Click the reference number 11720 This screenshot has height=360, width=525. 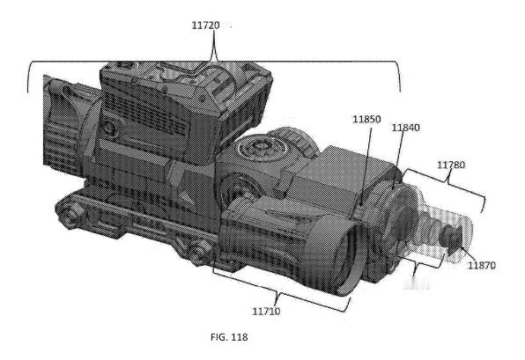coord(205,26)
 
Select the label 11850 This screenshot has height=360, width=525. coord(366,119)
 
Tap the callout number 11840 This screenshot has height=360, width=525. coord(405,128)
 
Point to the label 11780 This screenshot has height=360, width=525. coord(451,165)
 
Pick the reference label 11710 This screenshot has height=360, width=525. coord(266,312)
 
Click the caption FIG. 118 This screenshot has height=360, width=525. coord(229,337)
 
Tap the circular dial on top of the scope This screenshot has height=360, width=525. coord(260,148)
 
